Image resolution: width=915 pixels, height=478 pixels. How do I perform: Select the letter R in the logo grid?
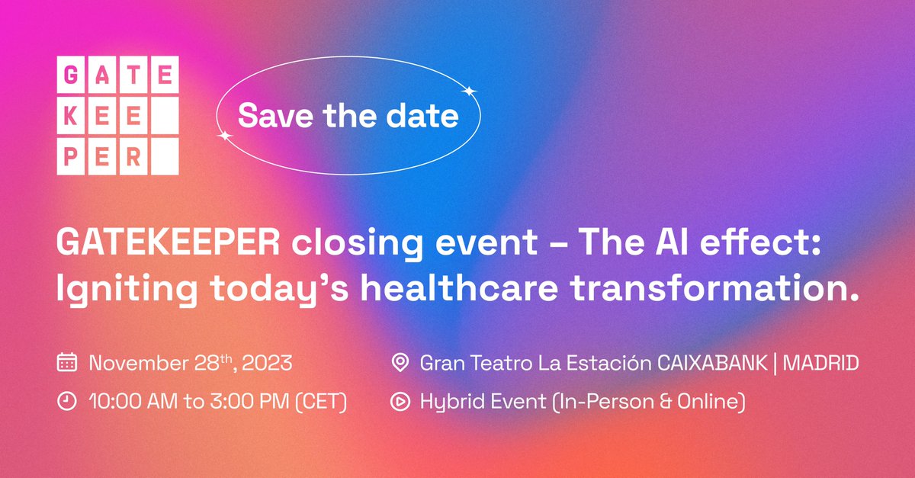coord(133,157)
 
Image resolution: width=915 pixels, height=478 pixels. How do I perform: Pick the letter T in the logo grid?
coord(133,75)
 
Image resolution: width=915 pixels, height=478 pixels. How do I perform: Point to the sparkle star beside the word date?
coord(470,92)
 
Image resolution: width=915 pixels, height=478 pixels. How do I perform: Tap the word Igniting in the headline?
coord(109,290)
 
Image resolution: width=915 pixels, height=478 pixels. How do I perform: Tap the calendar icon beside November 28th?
coord(67,363)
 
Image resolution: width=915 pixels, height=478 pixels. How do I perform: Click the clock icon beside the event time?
coord(67,402)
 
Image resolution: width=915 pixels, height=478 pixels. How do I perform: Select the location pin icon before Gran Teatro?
coord(399,363)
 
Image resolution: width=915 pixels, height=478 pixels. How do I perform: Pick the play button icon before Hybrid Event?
coord(399,402)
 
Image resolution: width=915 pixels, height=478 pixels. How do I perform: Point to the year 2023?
coord(267,363)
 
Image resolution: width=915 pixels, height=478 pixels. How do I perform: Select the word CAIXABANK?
coord(711,363)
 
